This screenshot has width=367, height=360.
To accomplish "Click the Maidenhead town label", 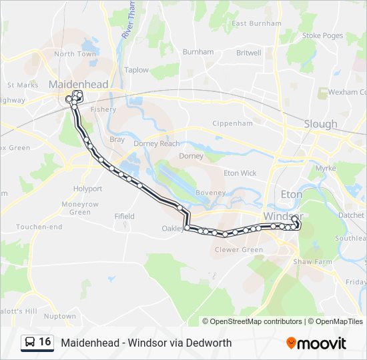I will point(78,85).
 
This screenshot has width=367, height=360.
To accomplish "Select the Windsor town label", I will point(283,217).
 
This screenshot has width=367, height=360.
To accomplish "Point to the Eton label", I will point(292,194).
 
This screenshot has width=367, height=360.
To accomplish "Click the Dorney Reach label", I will point(157,143).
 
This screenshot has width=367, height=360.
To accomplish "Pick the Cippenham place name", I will point(232,123).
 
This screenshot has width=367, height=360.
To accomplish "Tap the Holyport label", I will point(87,189).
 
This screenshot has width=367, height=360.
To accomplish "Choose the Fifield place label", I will point(124,217).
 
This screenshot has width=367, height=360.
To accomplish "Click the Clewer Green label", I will point(238,250).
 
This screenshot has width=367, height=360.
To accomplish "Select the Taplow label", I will point(137,70).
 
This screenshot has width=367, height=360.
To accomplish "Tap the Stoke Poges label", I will point(322,35).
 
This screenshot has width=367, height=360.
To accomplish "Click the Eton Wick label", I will point(240,173).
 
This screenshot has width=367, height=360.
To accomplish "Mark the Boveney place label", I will point(211,193).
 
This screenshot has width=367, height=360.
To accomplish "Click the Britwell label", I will point(248,53).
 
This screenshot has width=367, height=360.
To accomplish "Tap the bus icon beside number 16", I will point(30,342).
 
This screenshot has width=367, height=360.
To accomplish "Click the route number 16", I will point(45,342).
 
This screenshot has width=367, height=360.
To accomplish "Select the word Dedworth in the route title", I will point(210,343).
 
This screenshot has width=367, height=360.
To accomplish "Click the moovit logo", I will point(316,343).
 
